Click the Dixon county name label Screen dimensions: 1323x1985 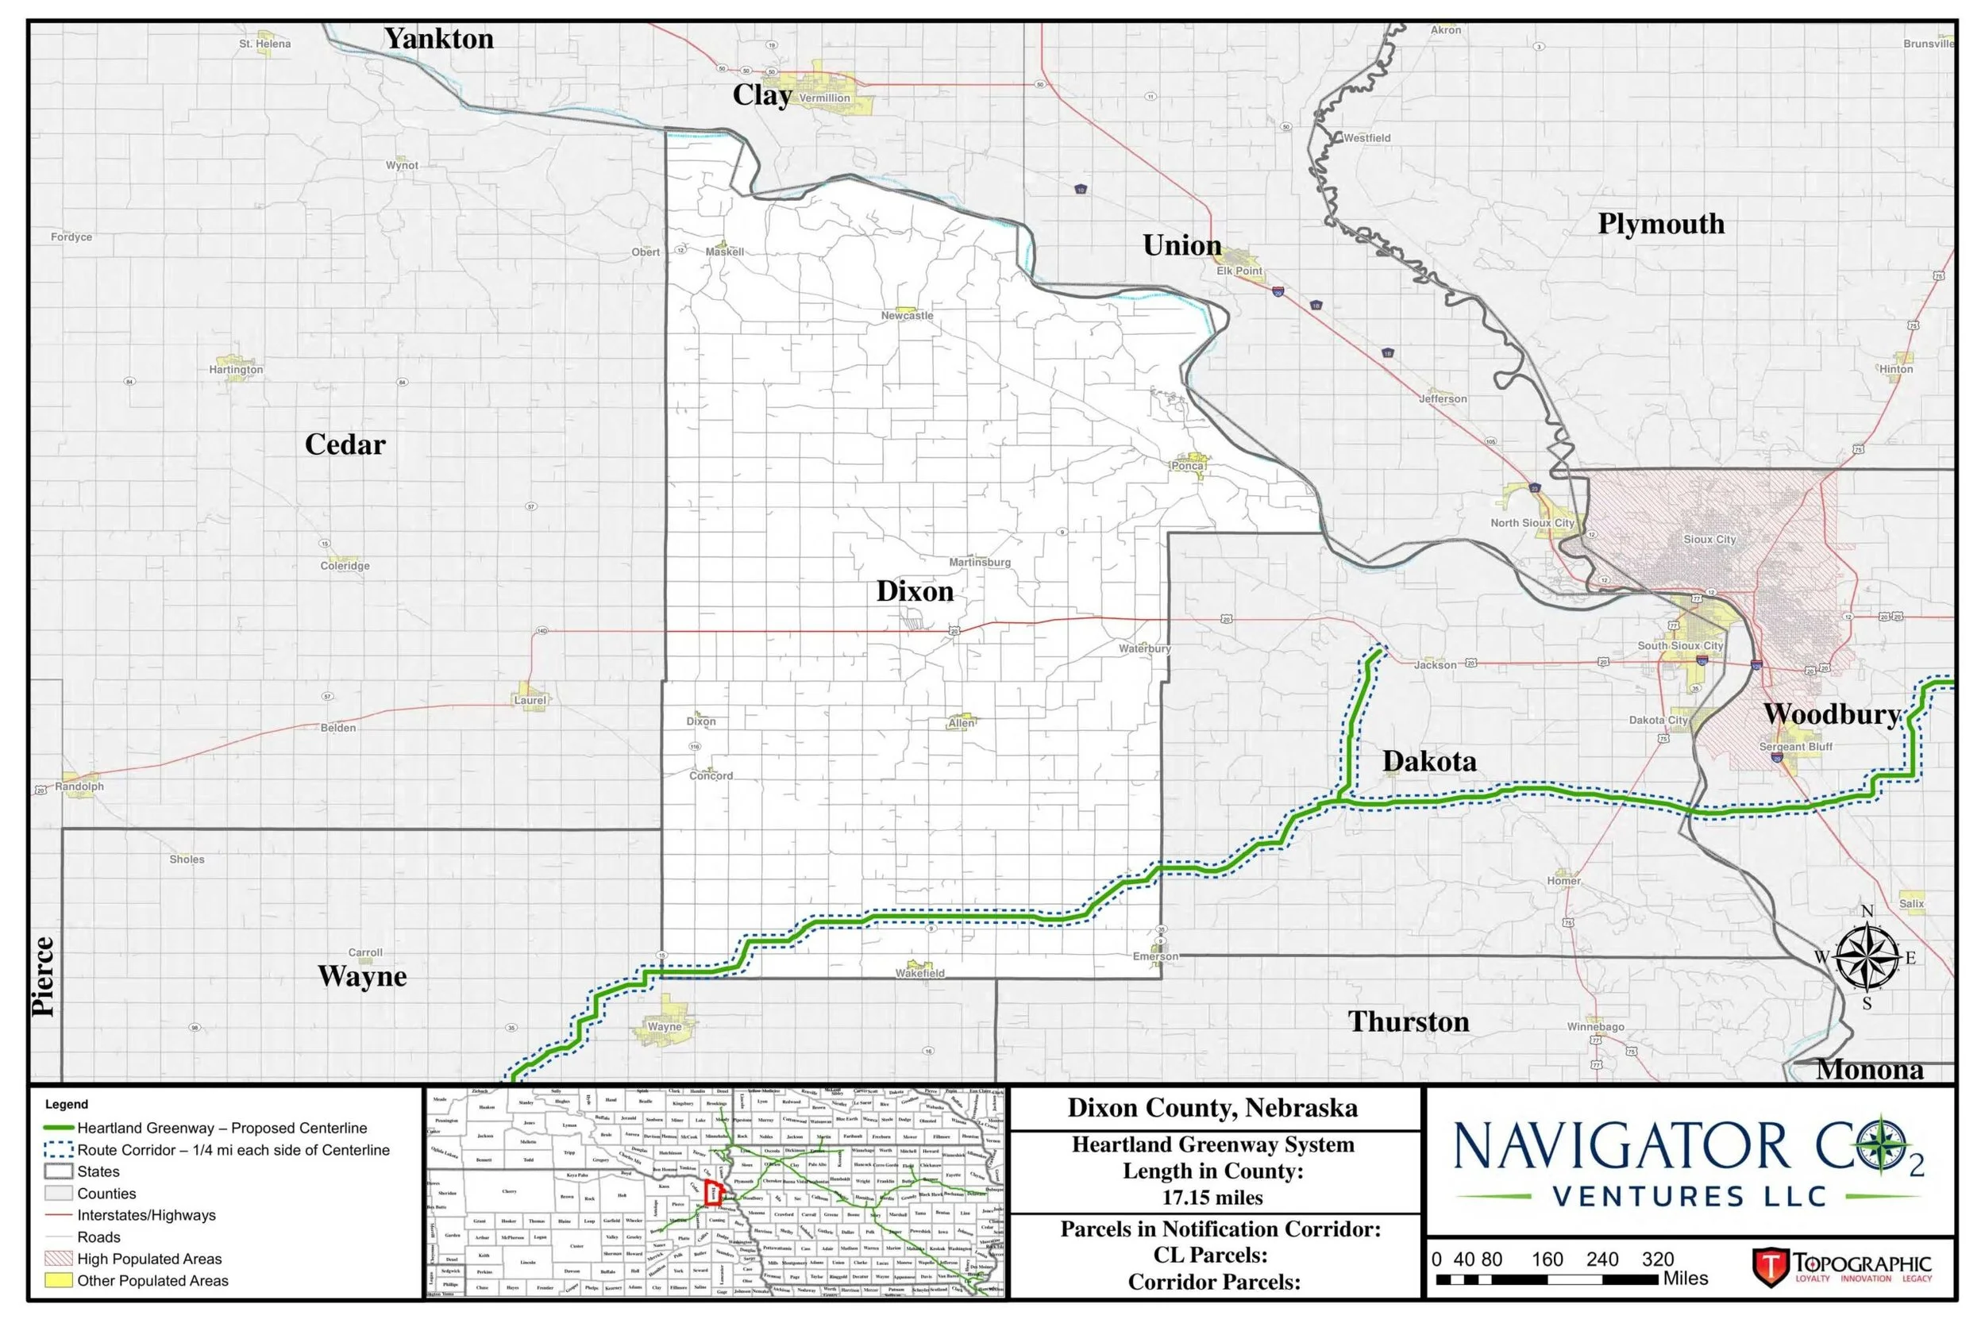point(915,591)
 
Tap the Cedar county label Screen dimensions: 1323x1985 point(345,444)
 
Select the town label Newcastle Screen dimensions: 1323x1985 point(908,316)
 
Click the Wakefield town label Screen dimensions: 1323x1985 point(920,973)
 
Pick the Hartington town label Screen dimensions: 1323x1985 point(236,370)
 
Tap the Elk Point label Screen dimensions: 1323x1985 point(1239,271)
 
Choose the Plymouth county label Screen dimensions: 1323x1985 point(1661,224)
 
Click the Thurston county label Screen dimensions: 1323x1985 point(1408,1021)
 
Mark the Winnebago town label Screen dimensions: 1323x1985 point(1595,1027)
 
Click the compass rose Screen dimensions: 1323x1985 point(1867,958)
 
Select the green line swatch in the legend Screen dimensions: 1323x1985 point(58,1128)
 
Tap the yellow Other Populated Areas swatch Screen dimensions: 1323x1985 point(58,1280)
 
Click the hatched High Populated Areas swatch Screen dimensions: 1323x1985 point(58,1258)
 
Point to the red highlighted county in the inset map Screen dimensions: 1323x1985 point(714,1193)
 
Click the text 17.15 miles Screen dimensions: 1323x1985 point(1212,1198)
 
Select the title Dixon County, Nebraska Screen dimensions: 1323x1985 point(1212,1108)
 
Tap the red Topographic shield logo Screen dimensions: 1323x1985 point(1770,1267)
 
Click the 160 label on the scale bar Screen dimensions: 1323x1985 point(1547,1259)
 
